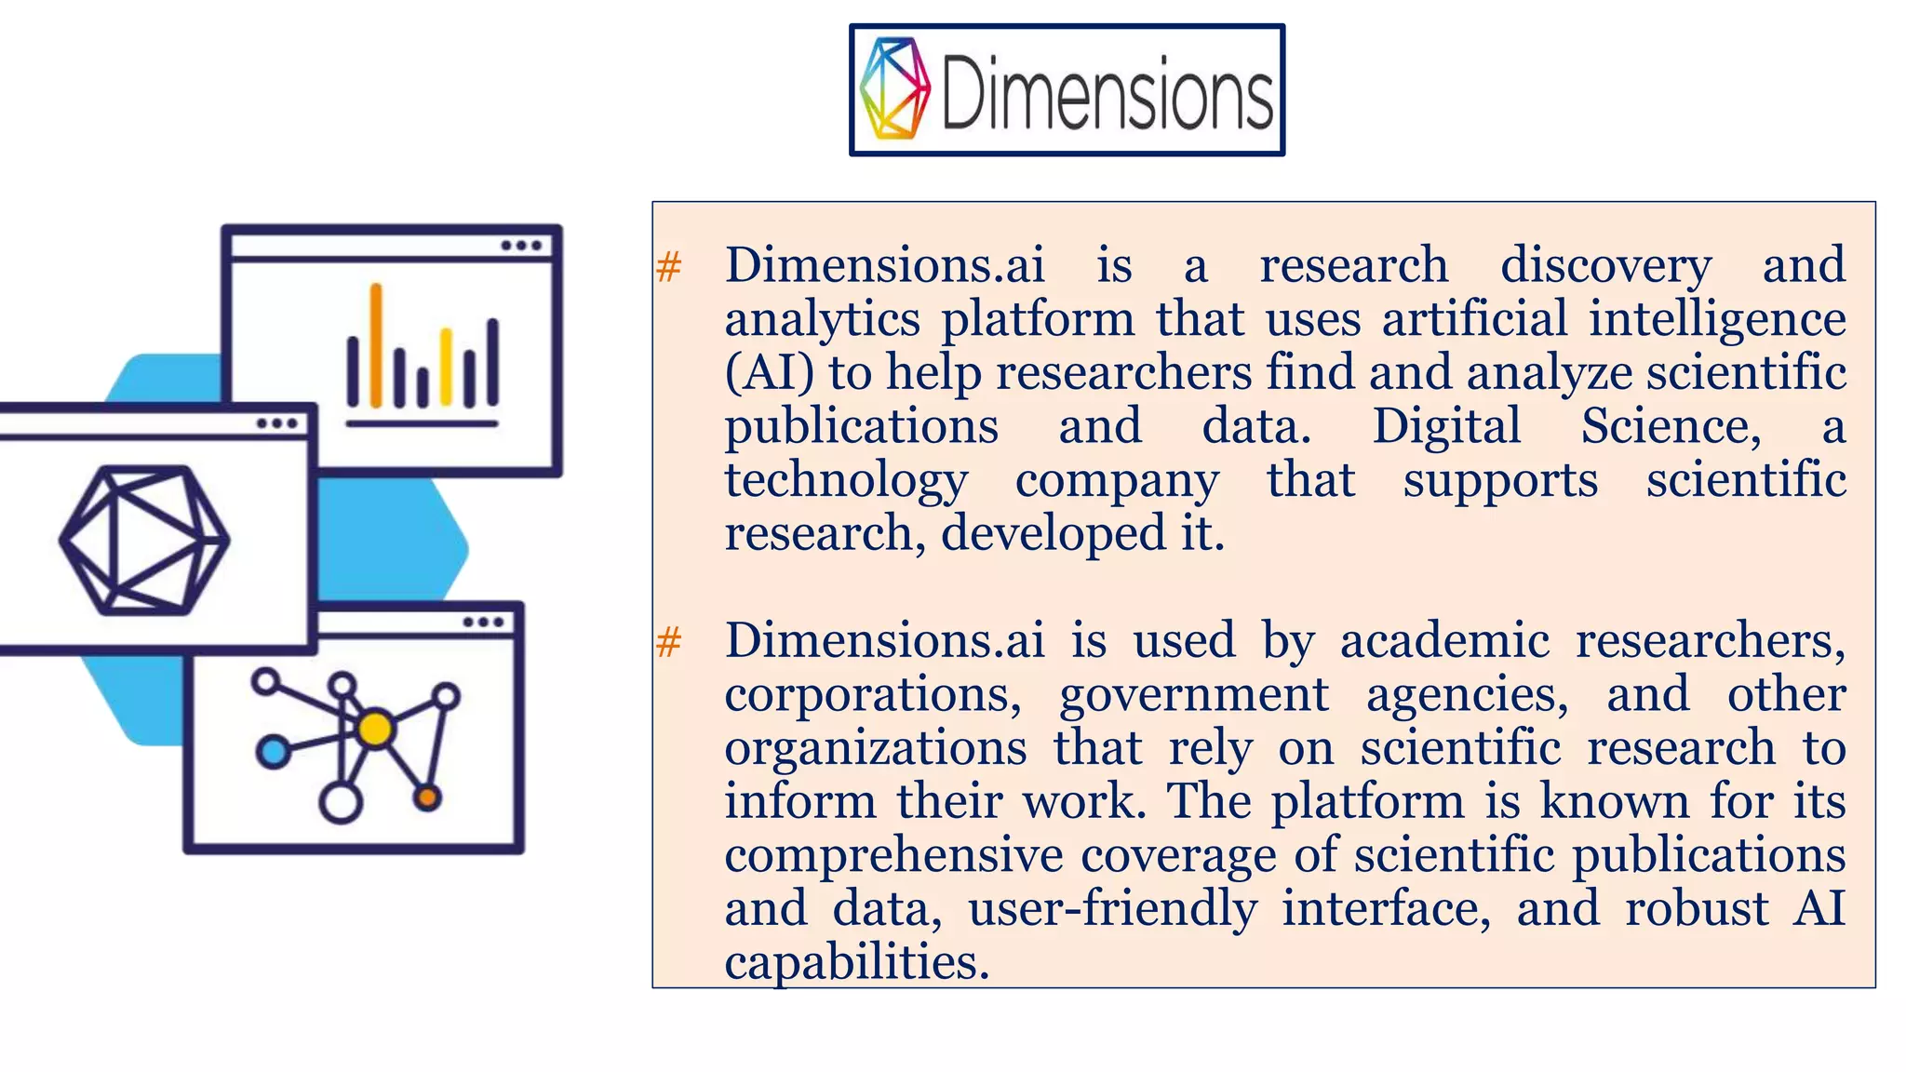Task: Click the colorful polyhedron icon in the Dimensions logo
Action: [894, 88]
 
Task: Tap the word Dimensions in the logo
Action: [1107, 91]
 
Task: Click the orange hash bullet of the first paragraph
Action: [669, 267]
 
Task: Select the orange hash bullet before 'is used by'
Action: [669, 642]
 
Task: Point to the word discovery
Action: [1605, 266]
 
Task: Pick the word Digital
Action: [1446, 427]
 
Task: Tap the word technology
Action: [846, 482]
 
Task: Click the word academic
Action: [1444, 641]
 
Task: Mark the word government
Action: [1194, 696]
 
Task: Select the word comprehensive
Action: [893, 857]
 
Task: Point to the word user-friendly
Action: [1112, 910]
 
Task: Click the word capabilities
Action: [856, 963]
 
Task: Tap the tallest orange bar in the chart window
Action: [376, 345]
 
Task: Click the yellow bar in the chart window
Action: [446, 368]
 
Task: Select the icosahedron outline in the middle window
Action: [144, 541]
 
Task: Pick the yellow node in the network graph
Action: [376, 730]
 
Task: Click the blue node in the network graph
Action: [273, 751]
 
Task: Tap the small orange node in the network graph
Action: [427, 797]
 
